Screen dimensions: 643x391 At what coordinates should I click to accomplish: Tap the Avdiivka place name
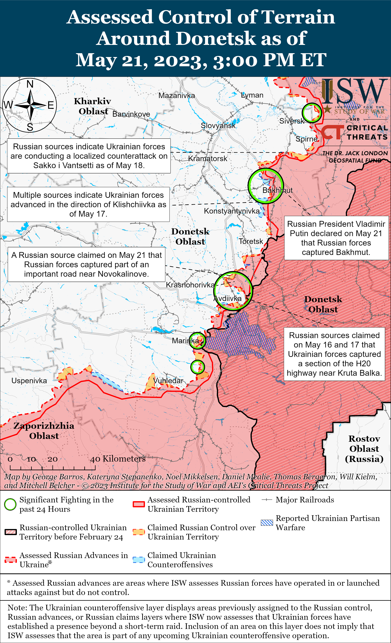[227, 298]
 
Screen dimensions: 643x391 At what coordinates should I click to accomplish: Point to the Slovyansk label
[218, 126]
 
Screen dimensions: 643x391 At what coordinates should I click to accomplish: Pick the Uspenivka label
[29, 381]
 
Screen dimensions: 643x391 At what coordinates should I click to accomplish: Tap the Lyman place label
[252, 95]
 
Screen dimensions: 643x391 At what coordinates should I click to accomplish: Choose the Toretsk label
[251, 241]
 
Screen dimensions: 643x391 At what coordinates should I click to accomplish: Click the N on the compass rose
[30, 84]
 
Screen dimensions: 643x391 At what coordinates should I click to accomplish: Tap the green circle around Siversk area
[312, 113]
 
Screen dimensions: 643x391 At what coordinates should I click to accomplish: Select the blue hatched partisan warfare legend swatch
[267, 523]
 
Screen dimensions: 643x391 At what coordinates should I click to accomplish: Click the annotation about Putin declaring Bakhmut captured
[336, 238]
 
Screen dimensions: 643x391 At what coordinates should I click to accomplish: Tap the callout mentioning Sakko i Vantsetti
[89, 156]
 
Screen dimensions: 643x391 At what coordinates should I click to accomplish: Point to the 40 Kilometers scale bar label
[118, 459]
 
